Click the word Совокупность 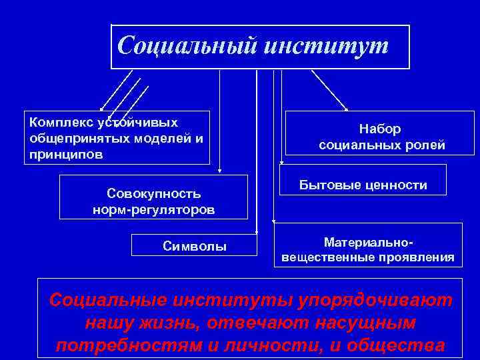153,193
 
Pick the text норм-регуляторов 153,209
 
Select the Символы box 195,246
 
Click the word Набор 380,129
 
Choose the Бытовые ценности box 363,185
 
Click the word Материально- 368,241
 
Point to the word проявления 420,257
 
